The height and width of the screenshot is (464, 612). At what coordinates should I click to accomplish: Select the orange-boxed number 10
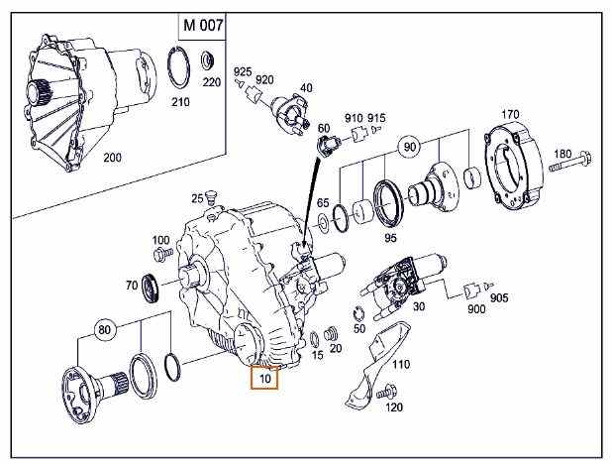point(264,377)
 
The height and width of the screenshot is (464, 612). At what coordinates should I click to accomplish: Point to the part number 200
point(113,158)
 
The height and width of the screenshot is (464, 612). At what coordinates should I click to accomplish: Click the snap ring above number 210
point(179,68)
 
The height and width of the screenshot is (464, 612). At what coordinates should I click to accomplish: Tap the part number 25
point(197,198)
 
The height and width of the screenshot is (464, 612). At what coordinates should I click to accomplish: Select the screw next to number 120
point(378,394)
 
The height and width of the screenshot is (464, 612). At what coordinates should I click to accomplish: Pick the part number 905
point(498,296)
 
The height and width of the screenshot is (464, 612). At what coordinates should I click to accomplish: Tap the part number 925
point(242,72)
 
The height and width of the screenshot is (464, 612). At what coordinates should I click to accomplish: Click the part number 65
point(323,202)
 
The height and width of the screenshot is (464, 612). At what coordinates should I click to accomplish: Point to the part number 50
point(358,327)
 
